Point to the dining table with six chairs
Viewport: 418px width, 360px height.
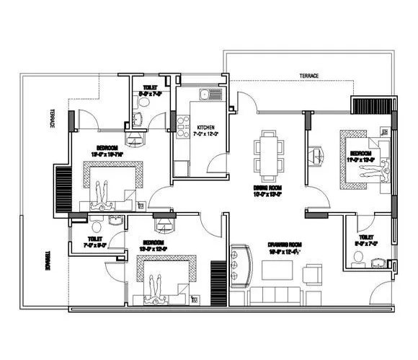click(268, 155)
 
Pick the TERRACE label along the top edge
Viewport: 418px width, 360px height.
click(310, 76)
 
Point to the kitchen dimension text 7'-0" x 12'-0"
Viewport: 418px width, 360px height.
click(207, 134)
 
